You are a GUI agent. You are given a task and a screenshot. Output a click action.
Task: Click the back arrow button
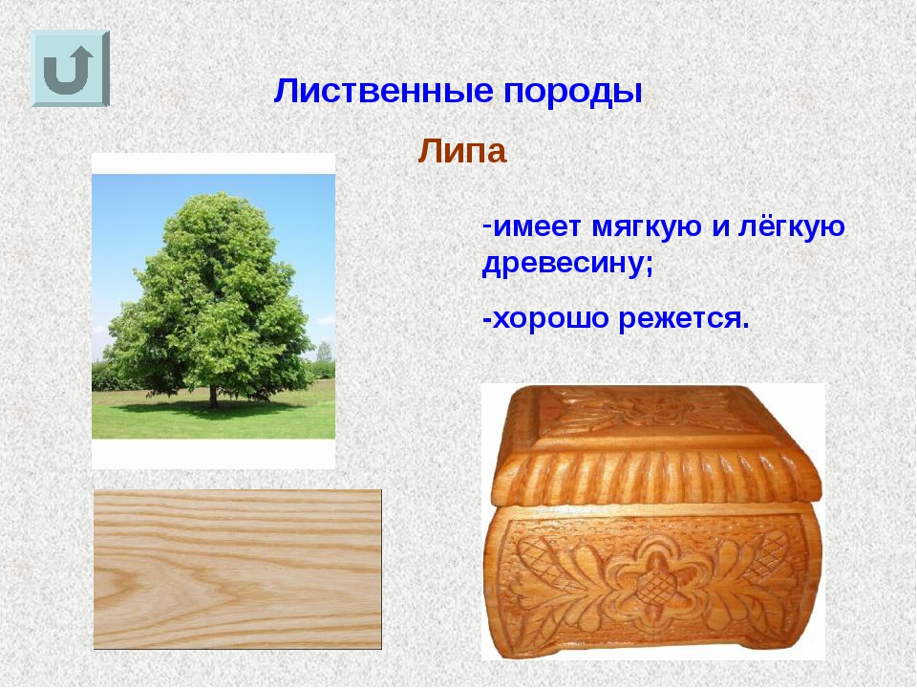click(70, 69)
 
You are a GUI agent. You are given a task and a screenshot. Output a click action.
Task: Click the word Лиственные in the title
click(382, 92)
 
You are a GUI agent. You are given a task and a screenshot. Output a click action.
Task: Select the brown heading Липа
click(461, 151)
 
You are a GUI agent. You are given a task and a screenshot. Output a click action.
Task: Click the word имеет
click(538, 227)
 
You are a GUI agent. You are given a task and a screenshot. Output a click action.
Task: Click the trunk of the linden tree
click(213, 395)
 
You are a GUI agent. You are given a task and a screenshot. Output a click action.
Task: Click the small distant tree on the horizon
click(324, 354)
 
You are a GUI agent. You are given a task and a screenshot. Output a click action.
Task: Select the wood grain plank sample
click(238, 570)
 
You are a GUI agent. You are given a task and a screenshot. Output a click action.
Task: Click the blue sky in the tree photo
click(129, 223)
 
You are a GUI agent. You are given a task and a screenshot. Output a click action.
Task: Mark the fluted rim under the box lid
click(657, 478)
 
